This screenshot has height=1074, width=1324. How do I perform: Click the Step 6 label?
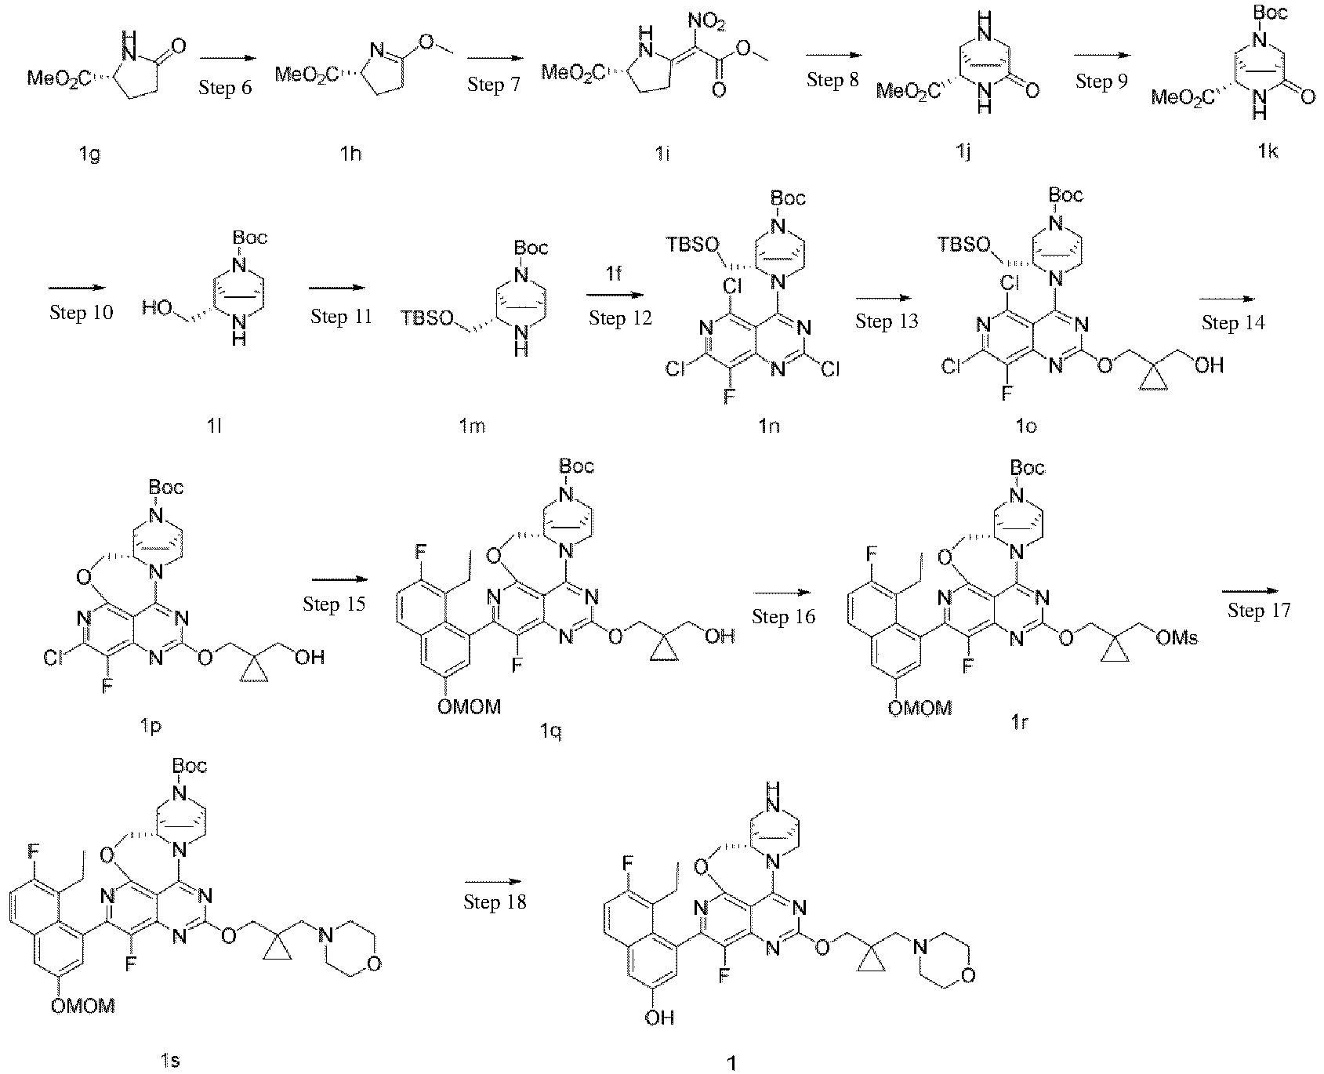pyautogui.click(x=225, y=87)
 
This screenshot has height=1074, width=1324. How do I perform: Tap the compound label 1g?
pyautogui.click(x=90, y=154)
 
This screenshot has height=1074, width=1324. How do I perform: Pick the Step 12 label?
pyautogui.click(x=620, y=318)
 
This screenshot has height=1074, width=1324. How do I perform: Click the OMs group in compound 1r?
pyautogui.click(x=1177, y=639)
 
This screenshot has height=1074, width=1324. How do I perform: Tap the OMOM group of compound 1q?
pyautogui.click(x=468, y=707)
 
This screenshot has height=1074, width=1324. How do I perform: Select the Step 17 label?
pyautogui.click(x=1258, y=610)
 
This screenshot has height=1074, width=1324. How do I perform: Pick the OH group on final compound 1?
pyautogui.click(x=659, y=1018)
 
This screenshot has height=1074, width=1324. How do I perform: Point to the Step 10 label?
pyautogui.click(x=81, y=312)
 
